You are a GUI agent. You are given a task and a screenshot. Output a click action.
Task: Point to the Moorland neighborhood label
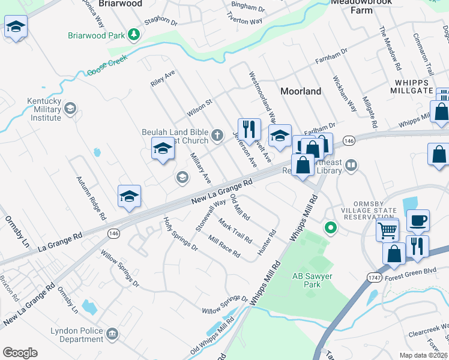[x=301, y=91]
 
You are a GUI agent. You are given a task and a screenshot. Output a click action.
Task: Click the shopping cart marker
[x=387, y=229]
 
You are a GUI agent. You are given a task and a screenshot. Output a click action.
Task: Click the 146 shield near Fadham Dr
[x=349, y=140]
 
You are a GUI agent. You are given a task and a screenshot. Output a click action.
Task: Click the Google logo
[x=20, y=353]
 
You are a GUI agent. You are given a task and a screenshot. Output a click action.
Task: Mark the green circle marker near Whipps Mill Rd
[x=330, y=228]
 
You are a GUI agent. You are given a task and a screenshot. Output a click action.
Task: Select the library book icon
[x=352, y=164]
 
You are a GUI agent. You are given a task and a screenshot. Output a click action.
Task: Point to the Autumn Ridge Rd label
[x=91, y=197]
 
